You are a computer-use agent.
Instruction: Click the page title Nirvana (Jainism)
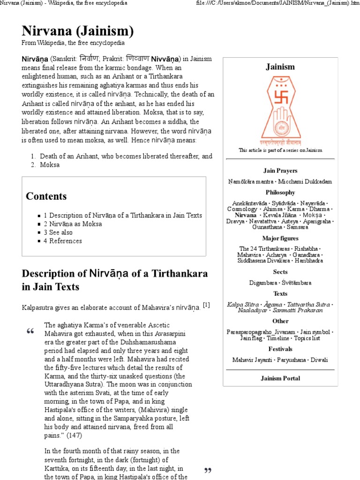[x=77, y=31]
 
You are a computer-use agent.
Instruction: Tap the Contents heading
[x=46, y=196]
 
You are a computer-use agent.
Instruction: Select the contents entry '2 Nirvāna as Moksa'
[x=73, y=224]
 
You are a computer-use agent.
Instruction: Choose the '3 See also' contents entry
[x=58, y=232]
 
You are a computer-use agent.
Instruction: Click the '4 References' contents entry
[x=63, y=241]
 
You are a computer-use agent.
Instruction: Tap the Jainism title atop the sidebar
[x=280, y=67]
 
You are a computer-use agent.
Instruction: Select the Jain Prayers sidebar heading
[x=280, y=171]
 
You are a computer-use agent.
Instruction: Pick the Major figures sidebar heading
[x=280, y=239]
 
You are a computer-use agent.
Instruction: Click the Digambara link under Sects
[x=264, y=283]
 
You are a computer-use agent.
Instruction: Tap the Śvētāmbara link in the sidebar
[x=297, y=283]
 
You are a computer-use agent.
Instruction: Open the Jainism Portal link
[x=280, y=378]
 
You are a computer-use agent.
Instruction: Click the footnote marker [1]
[x=206, y=305]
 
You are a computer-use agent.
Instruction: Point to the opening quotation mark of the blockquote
[x=30, y=332]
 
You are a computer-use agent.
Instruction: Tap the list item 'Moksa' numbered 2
[x=50, y=165]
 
